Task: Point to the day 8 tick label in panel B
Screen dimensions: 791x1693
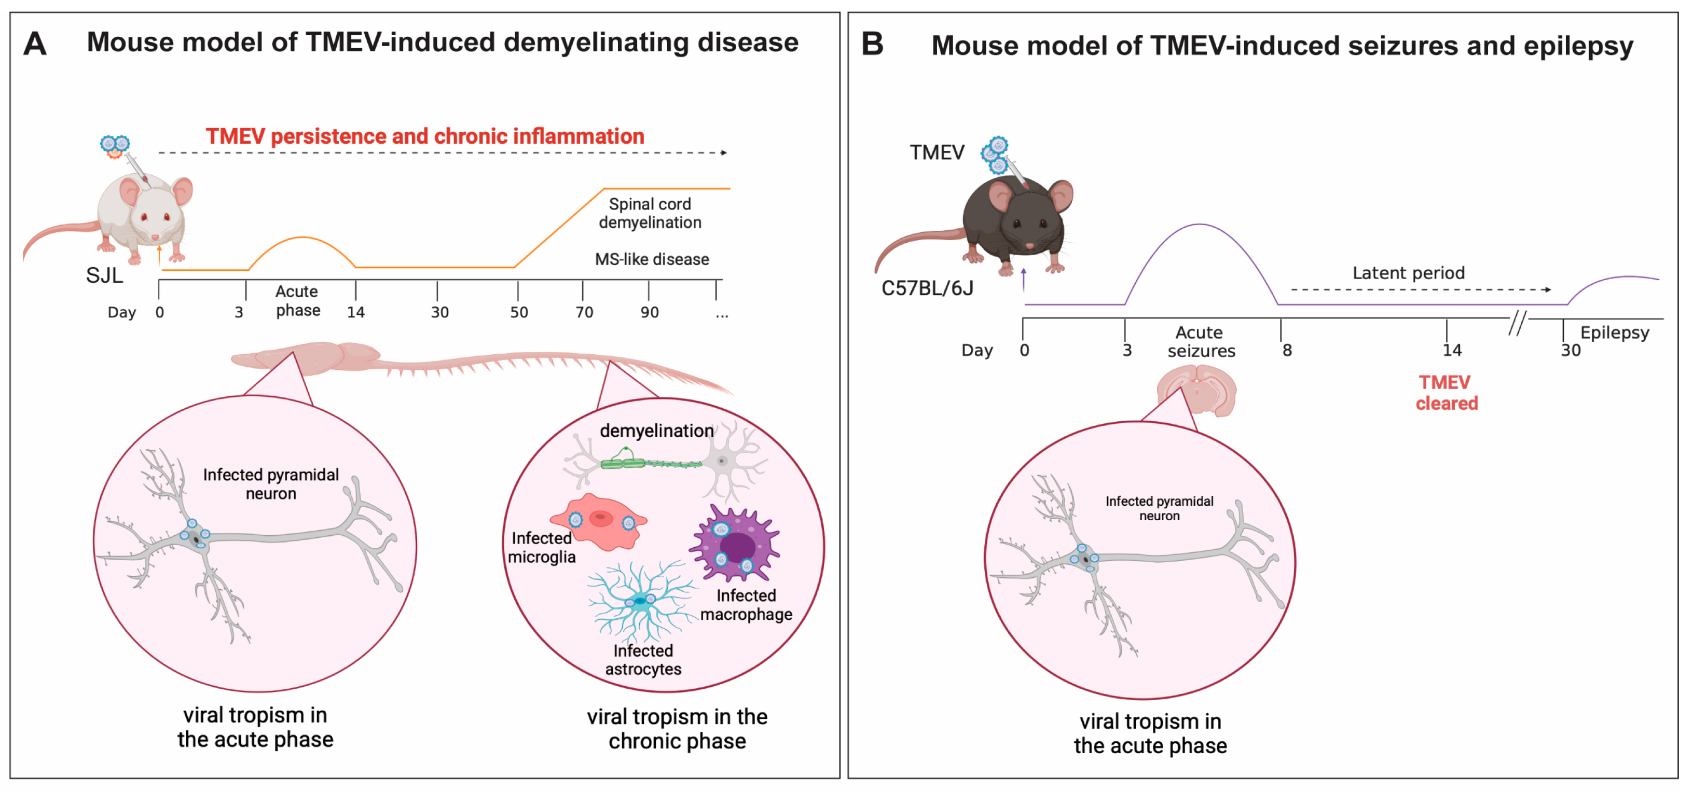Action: point(1287,351)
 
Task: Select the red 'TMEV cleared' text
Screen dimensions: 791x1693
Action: point(1446,393)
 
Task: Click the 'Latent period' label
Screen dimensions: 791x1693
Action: point(1408,273)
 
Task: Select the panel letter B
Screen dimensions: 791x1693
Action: point(872,45)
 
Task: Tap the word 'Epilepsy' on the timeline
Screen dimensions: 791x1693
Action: point(1614,333)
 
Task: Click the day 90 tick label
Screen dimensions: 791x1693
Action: point(649,313)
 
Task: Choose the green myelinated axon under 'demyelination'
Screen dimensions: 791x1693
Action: point(651,463)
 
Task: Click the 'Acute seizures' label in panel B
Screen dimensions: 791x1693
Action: point(1201,342)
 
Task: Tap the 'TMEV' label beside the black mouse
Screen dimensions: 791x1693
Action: point(937,153)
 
